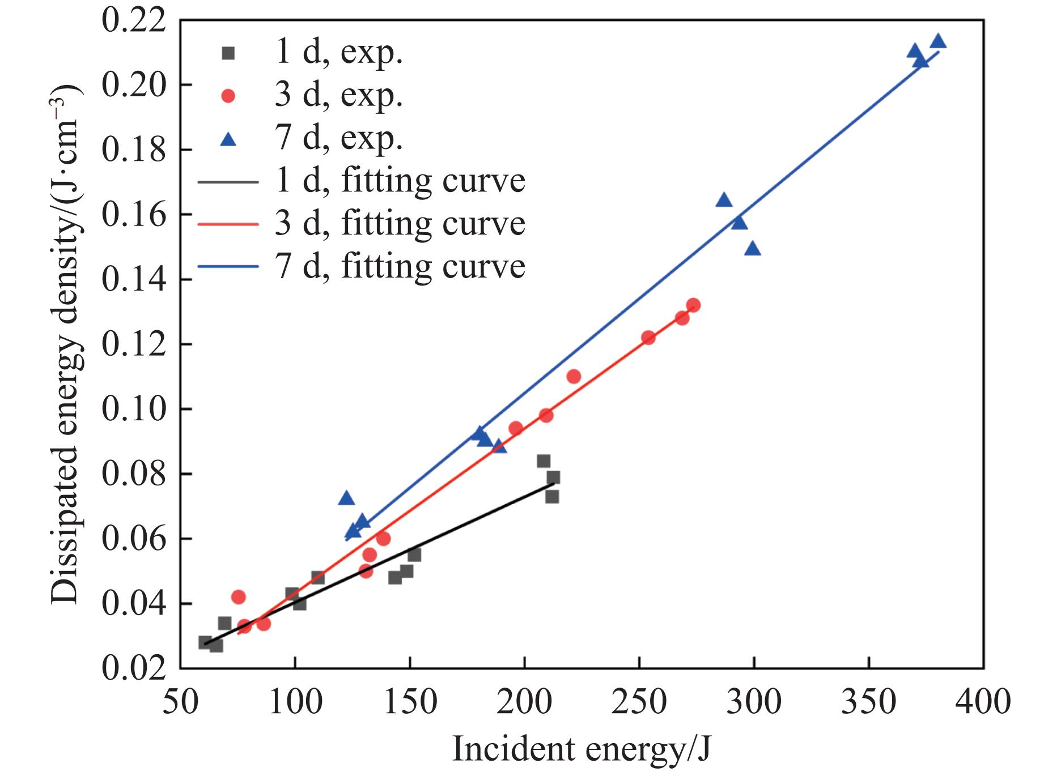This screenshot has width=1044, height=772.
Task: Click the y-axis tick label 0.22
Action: [x=134, y=21]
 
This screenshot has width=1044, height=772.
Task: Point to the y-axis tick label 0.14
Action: [x=134, y=280]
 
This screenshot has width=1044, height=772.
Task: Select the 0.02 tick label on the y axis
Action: [x=134, y=668]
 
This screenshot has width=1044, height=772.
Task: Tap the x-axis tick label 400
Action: [x=983, y=701]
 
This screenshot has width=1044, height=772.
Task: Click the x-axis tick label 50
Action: [x=181, y=701]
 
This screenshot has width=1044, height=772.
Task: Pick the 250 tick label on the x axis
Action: [x=639, y=701]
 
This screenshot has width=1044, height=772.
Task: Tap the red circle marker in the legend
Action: [x=228, y=96]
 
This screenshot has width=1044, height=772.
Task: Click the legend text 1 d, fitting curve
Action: [x=400, y=181]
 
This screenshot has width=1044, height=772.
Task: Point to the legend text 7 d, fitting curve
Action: [x=400, y=266]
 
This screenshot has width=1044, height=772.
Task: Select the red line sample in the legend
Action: [x=228, y=224]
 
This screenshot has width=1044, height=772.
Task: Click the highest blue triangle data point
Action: [x=939, y=41]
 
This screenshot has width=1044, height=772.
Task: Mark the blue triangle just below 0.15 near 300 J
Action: [x=753, y=249]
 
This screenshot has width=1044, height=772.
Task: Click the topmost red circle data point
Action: [x=693, y=305]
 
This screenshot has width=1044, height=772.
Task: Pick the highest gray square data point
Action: [x=544, y=461]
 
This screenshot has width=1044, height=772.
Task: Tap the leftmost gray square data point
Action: [x=205, y=642]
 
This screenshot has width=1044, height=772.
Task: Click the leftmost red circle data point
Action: [x=239, y=597]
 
